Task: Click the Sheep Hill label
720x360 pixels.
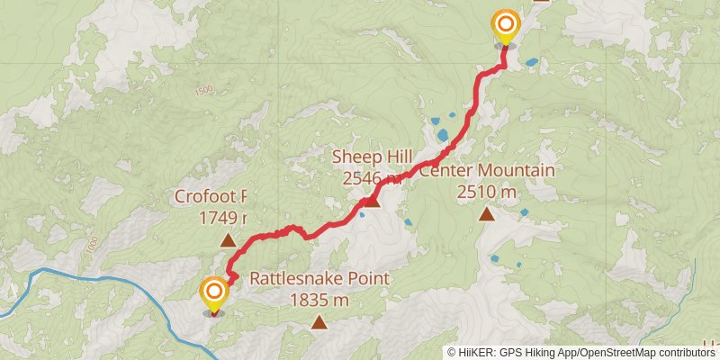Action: tap(373, 157)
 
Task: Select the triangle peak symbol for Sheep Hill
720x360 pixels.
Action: tap(372, 200)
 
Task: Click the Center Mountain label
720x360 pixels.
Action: tap(487, 171)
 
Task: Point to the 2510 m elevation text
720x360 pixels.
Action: tap(487, 191)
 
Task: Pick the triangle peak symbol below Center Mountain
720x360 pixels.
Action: tap(487, 214)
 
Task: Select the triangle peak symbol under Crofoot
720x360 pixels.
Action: tap(228, 240)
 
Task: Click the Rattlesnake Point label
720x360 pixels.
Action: tap(319, 279)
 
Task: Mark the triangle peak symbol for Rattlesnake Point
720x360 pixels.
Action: tap(319, 322)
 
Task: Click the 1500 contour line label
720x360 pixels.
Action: tap(202, 90)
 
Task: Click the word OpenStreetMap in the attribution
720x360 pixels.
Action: tap(612, 352)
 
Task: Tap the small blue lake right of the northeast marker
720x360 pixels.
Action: tap(532, 63)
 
